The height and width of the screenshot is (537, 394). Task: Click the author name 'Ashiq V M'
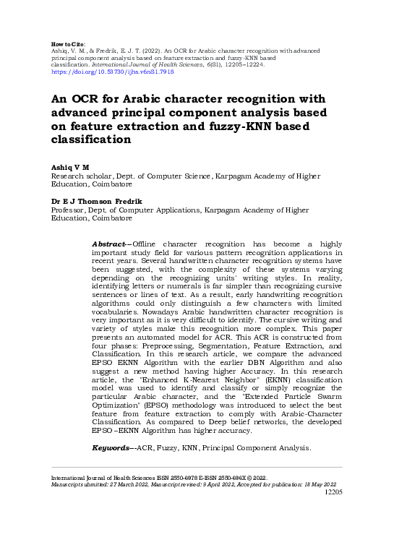(69, 167)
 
